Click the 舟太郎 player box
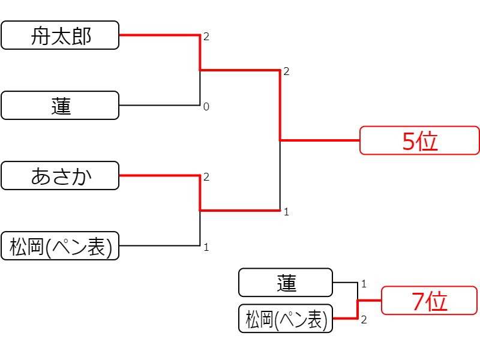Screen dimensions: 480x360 [60, 35]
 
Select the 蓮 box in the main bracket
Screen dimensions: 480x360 [60, 106]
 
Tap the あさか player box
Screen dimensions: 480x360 [60, 175]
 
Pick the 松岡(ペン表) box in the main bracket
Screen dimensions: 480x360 [60, 246]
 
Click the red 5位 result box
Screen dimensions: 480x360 [419, 140]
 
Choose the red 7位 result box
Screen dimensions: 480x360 [429, 301]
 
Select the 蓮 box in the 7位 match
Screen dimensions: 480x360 [286, 283]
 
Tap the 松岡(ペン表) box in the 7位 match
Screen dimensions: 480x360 [286, 319]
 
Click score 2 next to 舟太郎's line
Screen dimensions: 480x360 [206, 37]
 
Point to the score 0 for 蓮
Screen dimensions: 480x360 [206, 107]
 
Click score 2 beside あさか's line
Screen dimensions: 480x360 [206, 176]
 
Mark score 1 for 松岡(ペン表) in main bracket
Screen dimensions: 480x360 [206, 247]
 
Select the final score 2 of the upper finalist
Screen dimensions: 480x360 [286, 71]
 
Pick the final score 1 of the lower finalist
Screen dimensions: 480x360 [286, 212]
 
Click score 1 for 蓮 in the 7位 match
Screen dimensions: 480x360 [364, 284]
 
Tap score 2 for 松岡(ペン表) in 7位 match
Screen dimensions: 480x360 [364, 320]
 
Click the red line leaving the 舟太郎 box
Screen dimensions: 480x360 [160, 35]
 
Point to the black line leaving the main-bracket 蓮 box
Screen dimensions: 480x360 [160, 106]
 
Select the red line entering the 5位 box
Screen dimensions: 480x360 [320, 140]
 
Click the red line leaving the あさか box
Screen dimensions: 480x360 [160, 175]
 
